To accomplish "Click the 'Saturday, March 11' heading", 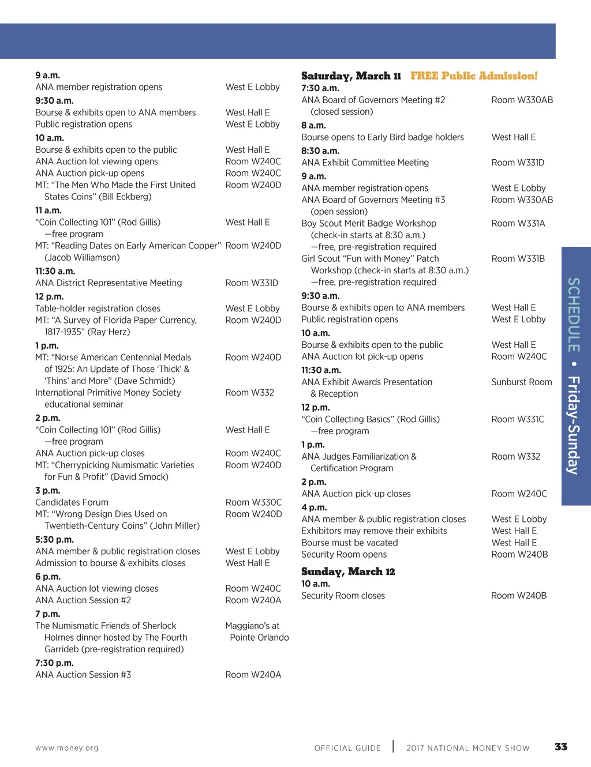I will click(351, 76).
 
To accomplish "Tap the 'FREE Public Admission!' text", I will click(474, 76).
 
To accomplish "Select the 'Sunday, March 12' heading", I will click(348, 572).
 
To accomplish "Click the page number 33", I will click(560, 747).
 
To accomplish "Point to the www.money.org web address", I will click(67, 748).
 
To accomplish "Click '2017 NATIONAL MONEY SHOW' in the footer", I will click(467, 748).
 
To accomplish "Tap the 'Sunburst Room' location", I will click(522, 382).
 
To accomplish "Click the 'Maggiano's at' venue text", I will click(252, 626).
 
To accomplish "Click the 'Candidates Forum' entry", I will click(72, 502).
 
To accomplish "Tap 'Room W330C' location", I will click(253, 502).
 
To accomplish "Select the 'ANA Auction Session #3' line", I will click(83, 675).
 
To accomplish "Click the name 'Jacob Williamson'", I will click(82, 257).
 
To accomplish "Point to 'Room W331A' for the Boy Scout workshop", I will click(518, 223).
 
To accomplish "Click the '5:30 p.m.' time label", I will click(54, 540).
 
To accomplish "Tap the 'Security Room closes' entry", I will click(343, 596).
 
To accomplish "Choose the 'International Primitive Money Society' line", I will click(108, 393).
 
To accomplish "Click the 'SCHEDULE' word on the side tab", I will click(573, 315).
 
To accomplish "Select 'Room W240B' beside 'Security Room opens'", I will click(519, 554).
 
